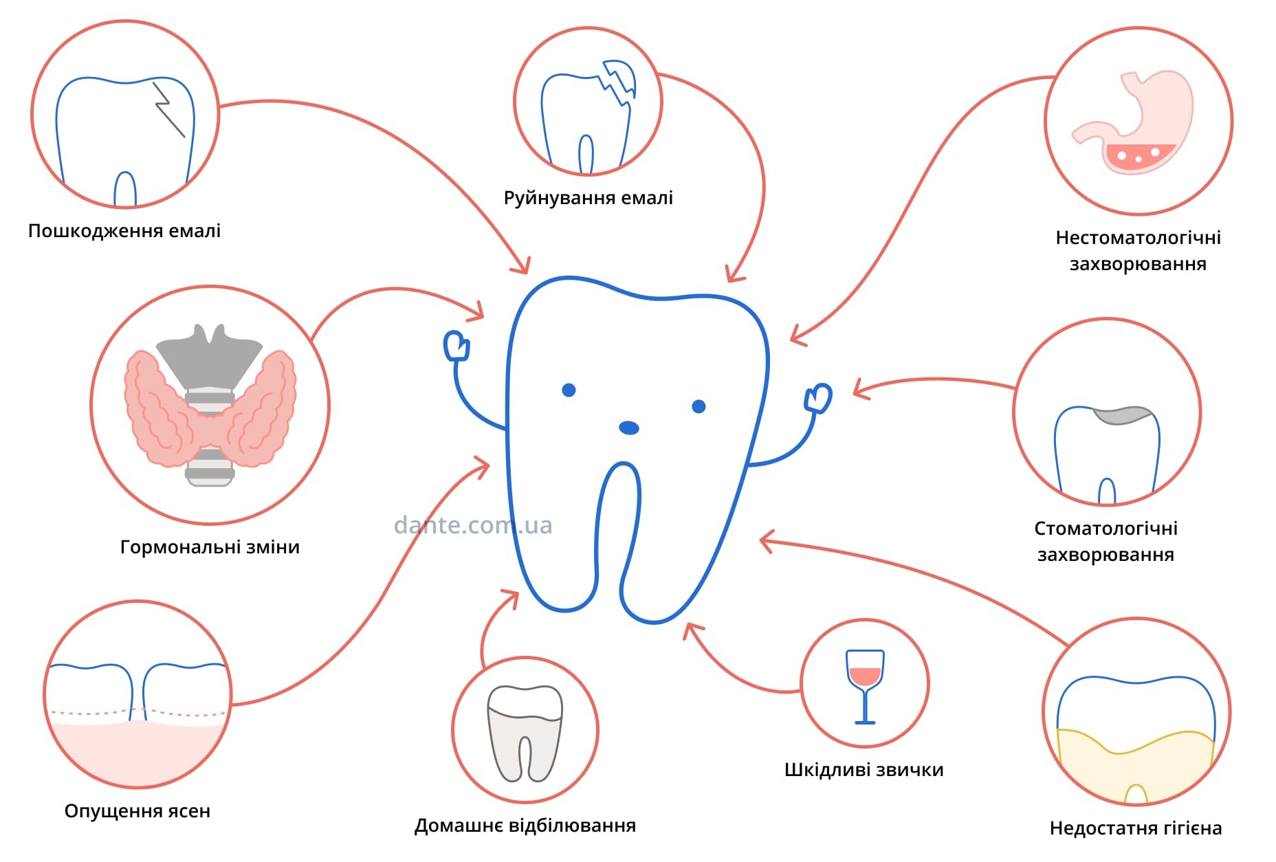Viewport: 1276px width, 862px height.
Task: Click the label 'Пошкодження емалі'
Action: (124, 231)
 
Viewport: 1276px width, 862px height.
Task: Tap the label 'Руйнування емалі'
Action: (588, 198)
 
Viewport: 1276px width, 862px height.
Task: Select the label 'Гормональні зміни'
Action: (210, 547)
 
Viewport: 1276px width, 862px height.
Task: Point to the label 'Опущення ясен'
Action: (137, 811)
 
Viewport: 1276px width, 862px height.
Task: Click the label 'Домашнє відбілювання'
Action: (525, 826)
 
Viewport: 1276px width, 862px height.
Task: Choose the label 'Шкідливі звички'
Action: (863, 770)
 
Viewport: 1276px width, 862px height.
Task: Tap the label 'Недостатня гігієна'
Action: (1136, 828)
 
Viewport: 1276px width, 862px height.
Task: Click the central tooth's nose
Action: (629, 428)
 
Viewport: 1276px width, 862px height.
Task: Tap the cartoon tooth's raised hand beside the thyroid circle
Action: (456, 346)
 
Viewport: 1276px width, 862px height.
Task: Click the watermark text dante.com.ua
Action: (473, 525)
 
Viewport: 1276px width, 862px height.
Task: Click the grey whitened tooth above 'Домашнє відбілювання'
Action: (525, 733)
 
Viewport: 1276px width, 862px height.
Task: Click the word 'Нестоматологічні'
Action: (1138, 238)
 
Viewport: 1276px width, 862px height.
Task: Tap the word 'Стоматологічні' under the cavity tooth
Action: (1105, 529)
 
